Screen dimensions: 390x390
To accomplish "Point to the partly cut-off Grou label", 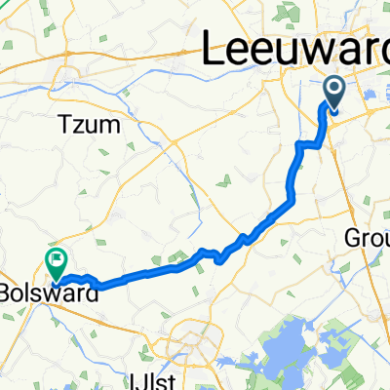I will [369, 239].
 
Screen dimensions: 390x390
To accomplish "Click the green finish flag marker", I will [56, 261].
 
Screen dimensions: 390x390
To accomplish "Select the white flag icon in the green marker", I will [56, 260].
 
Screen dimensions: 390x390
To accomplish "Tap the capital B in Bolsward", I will [7, 292].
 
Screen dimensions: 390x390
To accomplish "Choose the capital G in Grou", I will [353, 239].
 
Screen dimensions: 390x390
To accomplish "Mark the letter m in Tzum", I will [110, 126].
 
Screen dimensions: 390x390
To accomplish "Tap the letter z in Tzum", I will [77, 126].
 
